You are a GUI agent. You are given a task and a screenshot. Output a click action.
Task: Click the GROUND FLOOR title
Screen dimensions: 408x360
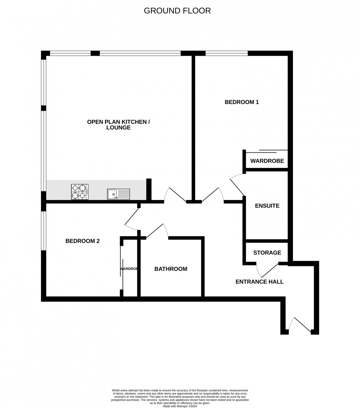(x=177, y=11)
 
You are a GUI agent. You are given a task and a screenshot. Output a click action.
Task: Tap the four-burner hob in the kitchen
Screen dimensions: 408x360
(x=79, y=192)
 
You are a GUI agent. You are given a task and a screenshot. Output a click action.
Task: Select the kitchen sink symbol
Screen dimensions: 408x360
(x=119, y=194)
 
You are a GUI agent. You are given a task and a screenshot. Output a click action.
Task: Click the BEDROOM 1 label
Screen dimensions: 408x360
(x=242, y=102)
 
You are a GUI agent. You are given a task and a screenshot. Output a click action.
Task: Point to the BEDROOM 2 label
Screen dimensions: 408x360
(x=83, y=241)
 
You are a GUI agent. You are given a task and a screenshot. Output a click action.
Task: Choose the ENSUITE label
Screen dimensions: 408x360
(x=267, y=206)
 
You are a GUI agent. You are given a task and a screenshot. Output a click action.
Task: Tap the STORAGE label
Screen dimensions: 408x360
(x=267, y=253)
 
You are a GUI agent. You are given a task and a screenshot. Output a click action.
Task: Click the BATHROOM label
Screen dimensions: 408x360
(x=171, y=269)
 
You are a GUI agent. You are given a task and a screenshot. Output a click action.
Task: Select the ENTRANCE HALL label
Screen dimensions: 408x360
(x=259, y=282)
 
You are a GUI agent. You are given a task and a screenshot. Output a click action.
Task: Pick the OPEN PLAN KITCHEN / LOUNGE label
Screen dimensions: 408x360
(x=119, y=125)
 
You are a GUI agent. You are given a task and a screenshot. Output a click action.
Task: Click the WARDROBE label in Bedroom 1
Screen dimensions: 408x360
(x=267, y=161)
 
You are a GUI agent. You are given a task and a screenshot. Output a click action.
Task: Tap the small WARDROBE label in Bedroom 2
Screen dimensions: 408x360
(x=129, y=269)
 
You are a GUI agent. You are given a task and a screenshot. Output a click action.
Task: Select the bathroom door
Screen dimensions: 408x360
(x=156, y=231)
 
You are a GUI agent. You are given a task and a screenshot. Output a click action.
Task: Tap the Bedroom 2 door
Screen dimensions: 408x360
(x=132, y=216)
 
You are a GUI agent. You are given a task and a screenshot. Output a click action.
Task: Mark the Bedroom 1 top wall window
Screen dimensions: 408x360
(x=227, y=53)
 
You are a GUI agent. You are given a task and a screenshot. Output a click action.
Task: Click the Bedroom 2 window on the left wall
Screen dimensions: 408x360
(x=44, y=231)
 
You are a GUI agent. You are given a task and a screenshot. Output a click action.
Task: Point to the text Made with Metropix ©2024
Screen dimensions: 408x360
(x=180, y=406)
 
